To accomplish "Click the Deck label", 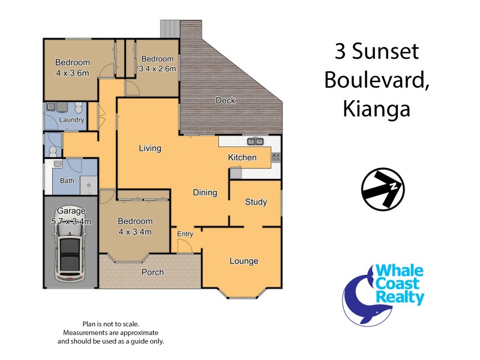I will (226, 100).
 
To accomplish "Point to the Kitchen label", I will (242, 157).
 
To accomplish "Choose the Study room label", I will (256, 202).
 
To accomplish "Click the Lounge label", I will (244, 261).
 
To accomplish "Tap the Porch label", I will (152, 272).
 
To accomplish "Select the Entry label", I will (184, 233).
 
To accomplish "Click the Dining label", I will (205, 193).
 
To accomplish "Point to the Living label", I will (150, 148).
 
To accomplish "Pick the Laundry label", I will (71, 120).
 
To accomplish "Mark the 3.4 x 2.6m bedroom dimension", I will (157, 69).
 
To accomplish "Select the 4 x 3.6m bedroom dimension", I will (73, 73).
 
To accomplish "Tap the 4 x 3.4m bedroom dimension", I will (135, 232).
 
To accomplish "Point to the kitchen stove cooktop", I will (276, 157).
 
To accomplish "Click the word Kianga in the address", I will (376, 109).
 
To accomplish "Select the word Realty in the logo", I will (400, 297).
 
